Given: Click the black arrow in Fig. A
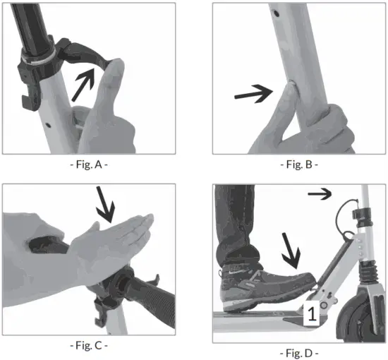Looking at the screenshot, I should point(87,78).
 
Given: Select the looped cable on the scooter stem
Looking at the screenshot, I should point(347,215).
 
